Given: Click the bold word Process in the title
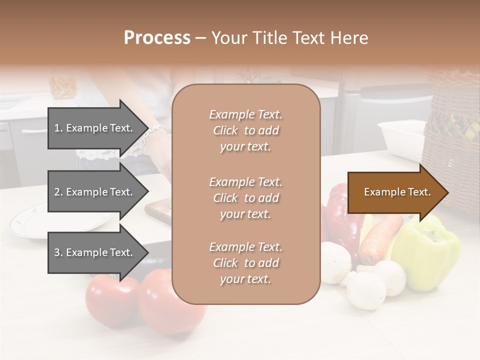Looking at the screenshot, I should [157, 38].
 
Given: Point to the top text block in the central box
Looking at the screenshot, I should [245, 130].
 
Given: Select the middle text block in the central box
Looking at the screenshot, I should [245, 198].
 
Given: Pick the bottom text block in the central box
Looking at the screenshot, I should [245, 263].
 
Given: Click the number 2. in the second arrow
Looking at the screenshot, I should [58, 192].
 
